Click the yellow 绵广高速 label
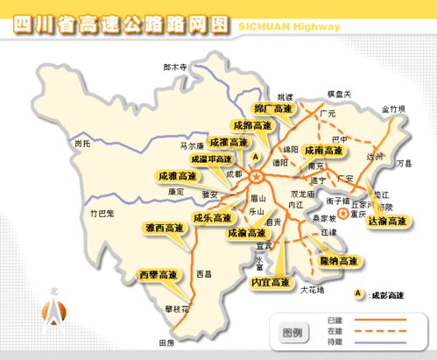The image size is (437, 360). [x=272, y=109]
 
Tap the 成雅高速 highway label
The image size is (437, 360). [x=177, y=176]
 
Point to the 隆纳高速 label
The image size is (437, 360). [x=338, y=261]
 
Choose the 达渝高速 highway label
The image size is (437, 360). [x=386, y=222]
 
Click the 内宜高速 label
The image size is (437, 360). [x=270, y=282]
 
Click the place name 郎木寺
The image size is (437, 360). [x=176, y=66]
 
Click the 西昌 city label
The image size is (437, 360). [x=204, y=273]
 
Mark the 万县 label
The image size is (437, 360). [x=403, y=163]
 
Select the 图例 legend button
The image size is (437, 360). [x=292, y=333]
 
